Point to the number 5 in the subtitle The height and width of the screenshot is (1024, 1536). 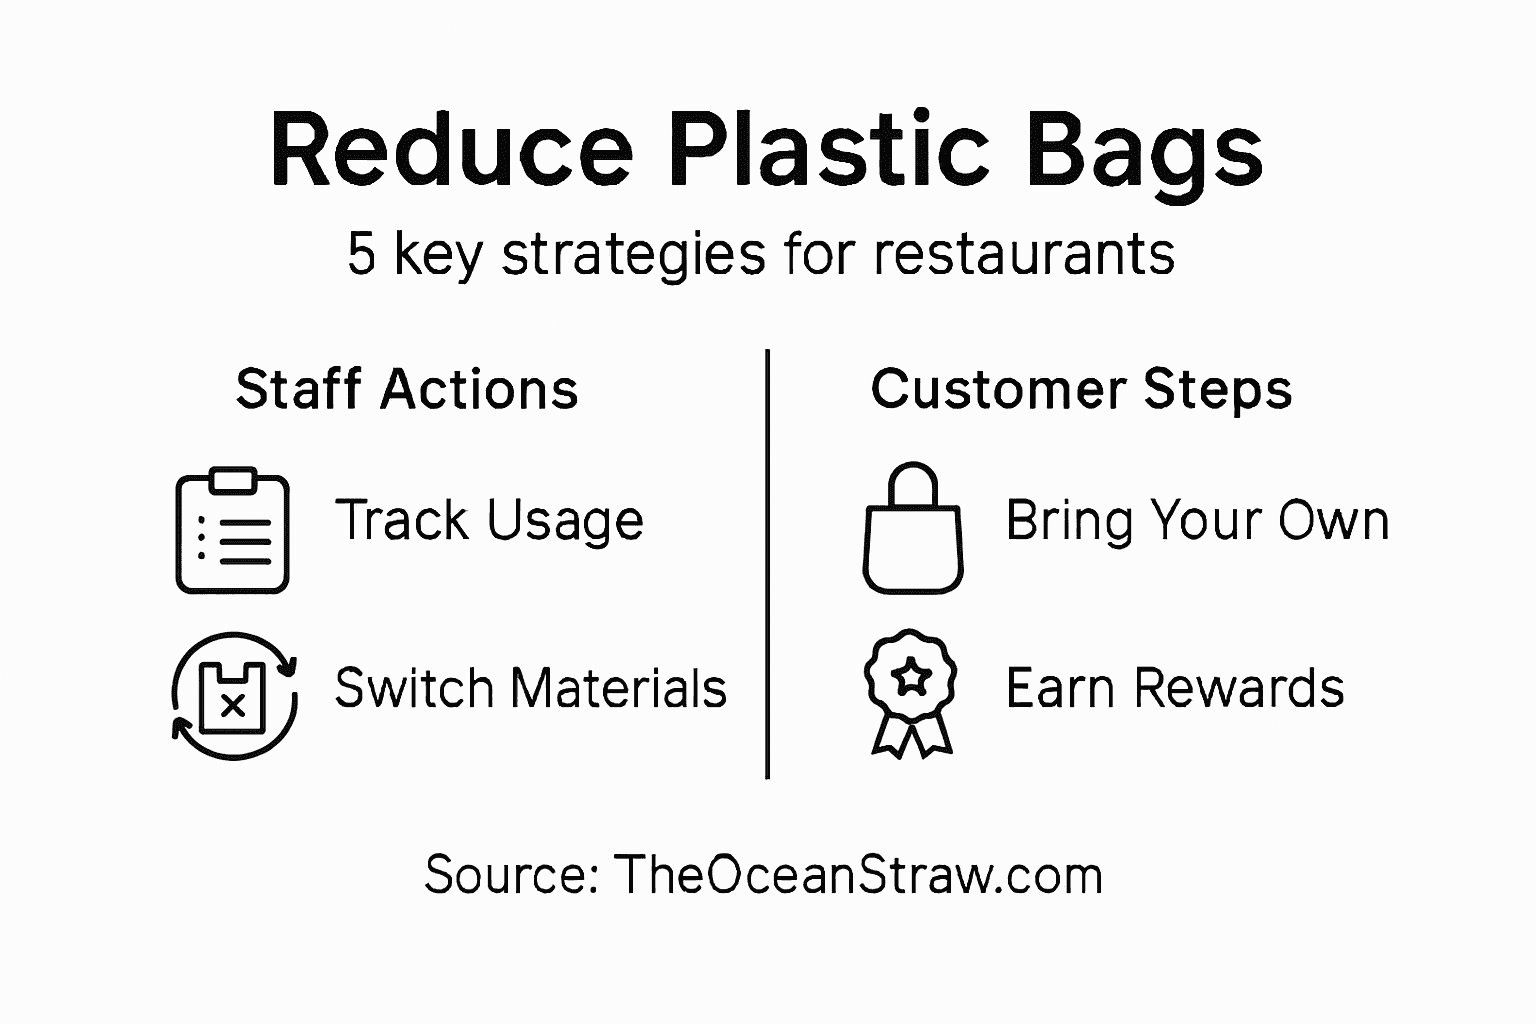click(361, 255)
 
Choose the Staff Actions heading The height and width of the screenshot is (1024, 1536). click(407, 389)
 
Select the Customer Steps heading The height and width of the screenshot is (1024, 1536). click(1081, 389)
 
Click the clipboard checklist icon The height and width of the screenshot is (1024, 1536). click(233, 530)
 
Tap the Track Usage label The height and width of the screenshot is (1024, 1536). click(489, 520)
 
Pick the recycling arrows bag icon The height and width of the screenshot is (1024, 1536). click(234, 696)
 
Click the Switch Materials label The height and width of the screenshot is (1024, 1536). click(530, 689)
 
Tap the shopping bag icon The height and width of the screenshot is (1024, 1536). click(913, 529)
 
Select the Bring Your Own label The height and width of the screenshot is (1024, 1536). click(1197, 520)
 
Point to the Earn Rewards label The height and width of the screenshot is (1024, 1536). click(1175, 689)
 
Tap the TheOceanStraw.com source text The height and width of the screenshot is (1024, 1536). click(858, 875)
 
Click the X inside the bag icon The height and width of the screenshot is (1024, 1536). click(233, 706)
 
